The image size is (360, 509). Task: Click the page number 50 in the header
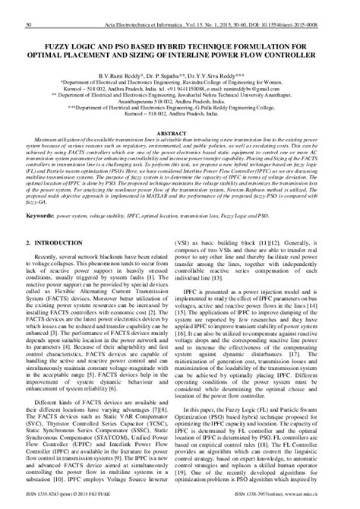tap(28, 5)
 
